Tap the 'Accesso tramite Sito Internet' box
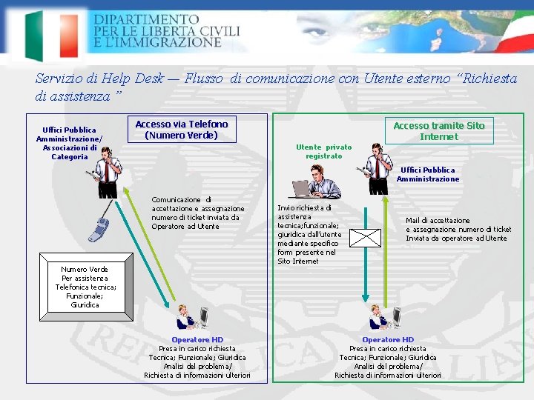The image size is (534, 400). (x=438, y=131)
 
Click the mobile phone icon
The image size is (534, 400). (x=99, y=222)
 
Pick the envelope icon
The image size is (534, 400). (x=365, y=238)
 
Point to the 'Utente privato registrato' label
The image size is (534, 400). (x=324, y=152)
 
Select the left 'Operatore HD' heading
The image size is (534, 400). (x=197, y=340)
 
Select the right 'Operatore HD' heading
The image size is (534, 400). (x=388, y=340)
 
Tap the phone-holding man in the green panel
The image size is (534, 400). (x=378, y=165)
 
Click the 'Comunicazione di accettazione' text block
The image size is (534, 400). (x=197, y=213)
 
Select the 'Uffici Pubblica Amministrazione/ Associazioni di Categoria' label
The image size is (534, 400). (x=70, y=143)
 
